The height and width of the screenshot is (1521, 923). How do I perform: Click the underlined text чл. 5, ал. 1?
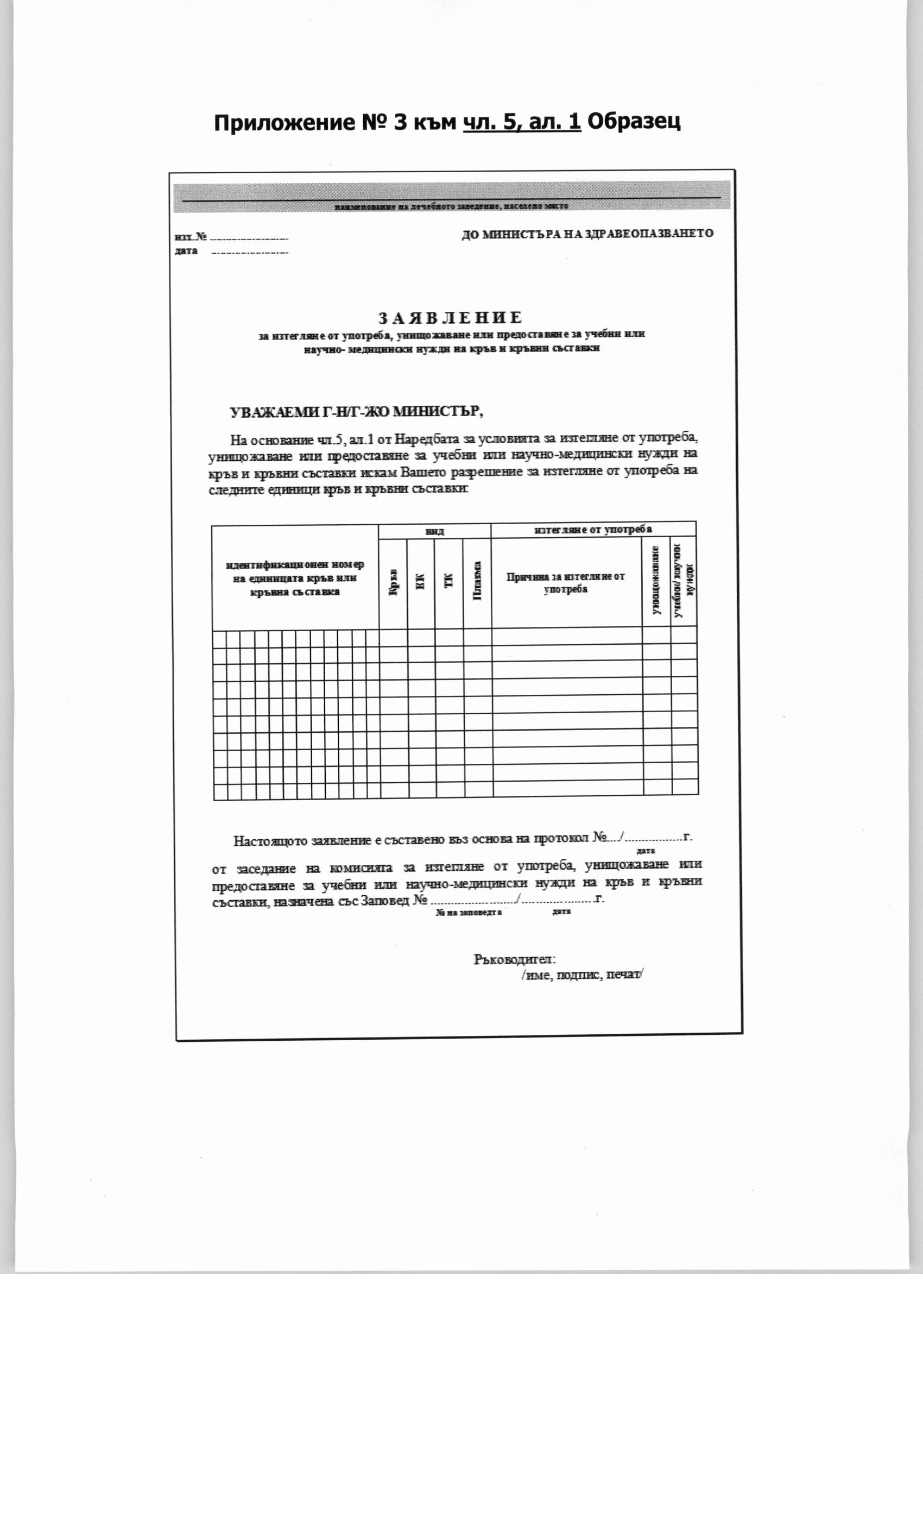coord(522,122)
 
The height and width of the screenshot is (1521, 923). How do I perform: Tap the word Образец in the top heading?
coord(634,122)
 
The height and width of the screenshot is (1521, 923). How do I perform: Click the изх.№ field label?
coord(191,237)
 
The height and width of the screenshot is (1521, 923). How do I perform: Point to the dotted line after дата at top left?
coord(249,253)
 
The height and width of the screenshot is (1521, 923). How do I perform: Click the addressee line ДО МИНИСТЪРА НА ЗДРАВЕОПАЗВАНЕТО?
coord(587,234)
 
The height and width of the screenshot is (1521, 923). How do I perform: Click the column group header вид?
coord(434,531)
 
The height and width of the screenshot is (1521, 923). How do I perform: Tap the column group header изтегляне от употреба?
coord(593,530)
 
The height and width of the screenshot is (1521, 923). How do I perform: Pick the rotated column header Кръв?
coord(393,583)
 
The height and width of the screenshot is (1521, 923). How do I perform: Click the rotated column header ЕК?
coord(421,582)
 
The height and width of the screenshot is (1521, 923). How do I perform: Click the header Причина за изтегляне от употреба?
coord(566,583)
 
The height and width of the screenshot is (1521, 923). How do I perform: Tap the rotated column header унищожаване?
coord(656,580)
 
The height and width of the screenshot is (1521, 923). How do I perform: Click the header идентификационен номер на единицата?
coord(295,578)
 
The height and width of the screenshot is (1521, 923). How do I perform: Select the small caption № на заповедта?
coord(469,913)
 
